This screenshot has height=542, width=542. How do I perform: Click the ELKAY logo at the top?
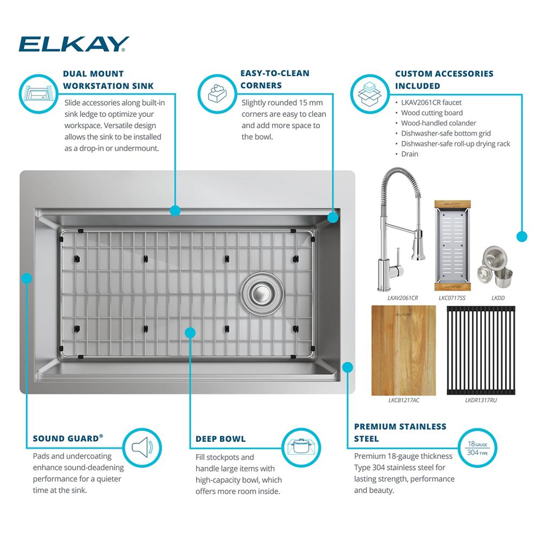click(74, 44)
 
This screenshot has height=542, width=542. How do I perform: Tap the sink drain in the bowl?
click(262, 293)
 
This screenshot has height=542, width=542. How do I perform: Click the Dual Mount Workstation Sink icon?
click(38, 94)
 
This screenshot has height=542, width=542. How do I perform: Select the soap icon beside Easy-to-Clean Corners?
click(217, 94)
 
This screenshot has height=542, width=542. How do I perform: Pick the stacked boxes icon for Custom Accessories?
click(370, 94)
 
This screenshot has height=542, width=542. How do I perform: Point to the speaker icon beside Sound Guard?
click(142, 448)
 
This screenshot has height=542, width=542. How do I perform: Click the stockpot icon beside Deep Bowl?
click(301, 448)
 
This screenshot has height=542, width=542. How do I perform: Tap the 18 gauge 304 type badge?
click(478, 448)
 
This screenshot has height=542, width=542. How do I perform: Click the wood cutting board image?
click(403, 350)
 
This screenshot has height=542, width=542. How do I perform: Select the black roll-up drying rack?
click(481, 350)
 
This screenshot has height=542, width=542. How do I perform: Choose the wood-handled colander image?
click(452, 245)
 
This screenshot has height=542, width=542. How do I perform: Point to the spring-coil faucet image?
click(401, 229)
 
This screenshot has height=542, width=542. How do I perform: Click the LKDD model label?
click(498, 298)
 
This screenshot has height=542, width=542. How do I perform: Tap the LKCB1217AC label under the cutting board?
click(403, 401)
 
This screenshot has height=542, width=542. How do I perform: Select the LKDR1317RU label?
click(481, 401)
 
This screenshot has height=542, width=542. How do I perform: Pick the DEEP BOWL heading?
click(221, 439)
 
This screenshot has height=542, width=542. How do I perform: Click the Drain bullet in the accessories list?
click(410, 154)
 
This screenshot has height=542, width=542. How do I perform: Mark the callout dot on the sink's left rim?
click(27, 278)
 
